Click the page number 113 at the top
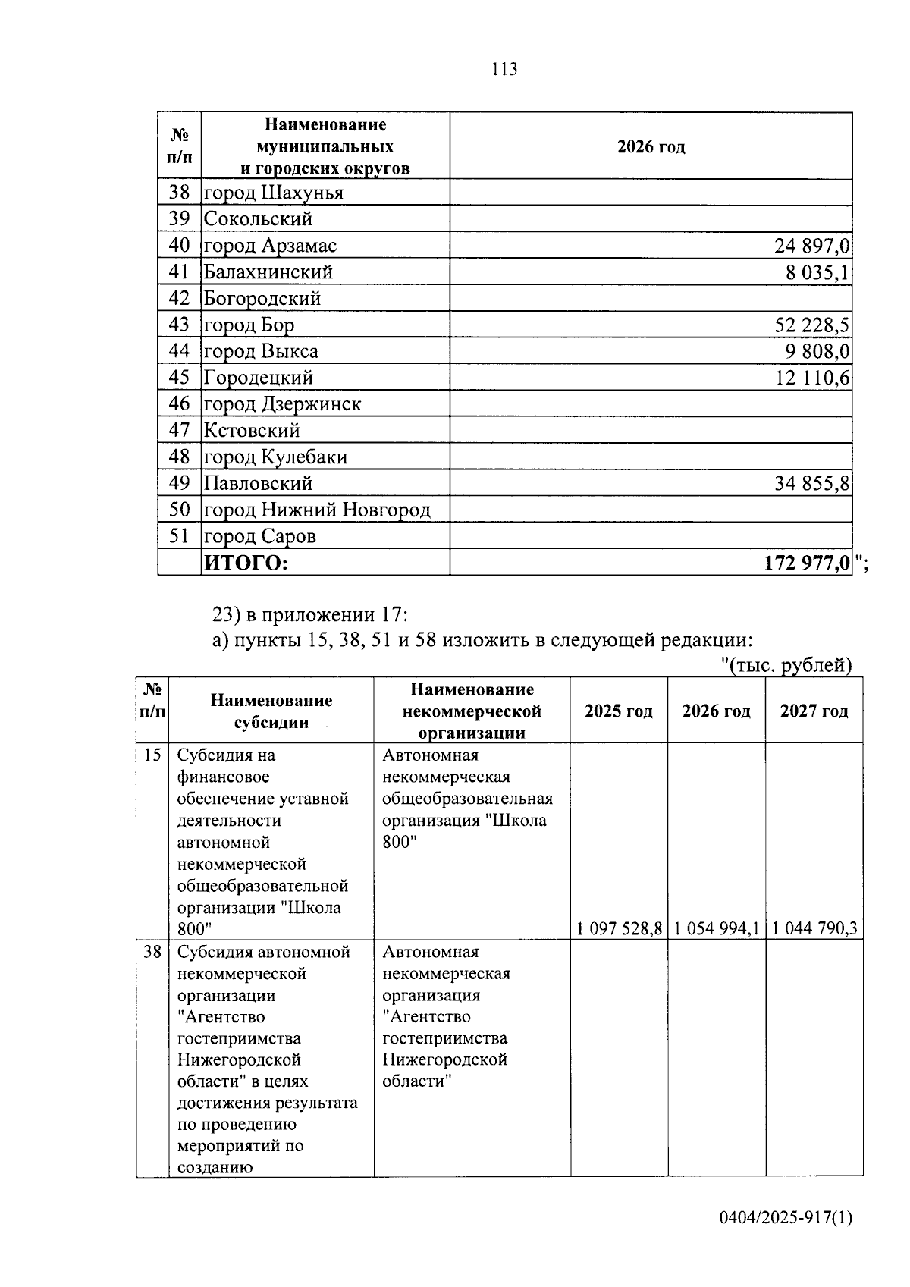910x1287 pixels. [504, 70]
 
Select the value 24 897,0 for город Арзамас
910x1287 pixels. [811, 246]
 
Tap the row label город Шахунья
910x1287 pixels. [273, 193]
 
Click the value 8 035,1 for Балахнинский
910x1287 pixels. [817, 272]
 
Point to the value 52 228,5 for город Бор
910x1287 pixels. [811, 325]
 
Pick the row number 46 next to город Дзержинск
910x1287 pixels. [179, 404]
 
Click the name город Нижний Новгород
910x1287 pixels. [317, 510]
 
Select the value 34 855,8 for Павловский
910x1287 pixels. [811, 484]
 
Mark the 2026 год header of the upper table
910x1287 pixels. [651, 147]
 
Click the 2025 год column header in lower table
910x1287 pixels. [619, 711]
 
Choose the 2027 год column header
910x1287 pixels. [814, 711]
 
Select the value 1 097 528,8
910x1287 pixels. [619, 928]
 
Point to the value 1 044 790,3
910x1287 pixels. [814, 928]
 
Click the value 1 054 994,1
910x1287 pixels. [717, 928]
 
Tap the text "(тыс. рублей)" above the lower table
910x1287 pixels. [786, 666]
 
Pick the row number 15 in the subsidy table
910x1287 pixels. [152, 755]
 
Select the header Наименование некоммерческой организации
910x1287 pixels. [472, 711]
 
